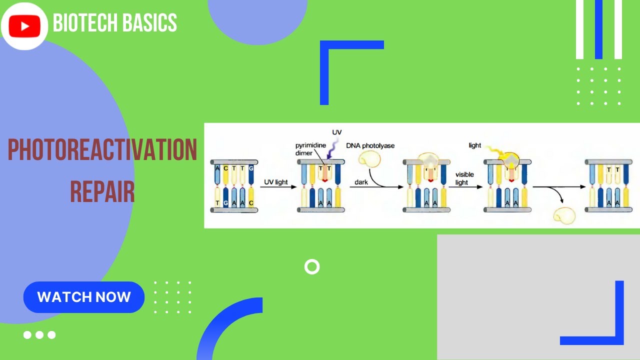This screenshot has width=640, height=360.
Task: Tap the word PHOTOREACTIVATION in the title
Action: (102, 150)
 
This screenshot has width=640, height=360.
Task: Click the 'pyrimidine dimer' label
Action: (310, 149)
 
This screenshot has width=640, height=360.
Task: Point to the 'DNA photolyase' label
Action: (370, 145)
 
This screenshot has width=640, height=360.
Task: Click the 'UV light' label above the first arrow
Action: (276, 182)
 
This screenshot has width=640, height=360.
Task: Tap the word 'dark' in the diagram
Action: (361, 182)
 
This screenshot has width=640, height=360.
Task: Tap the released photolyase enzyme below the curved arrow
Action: (564, 215)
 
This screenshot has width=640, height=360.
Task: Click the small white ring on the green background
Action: (312, 267)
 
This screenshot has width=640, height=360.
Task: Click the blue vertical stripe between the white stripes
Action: (598, 29)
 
